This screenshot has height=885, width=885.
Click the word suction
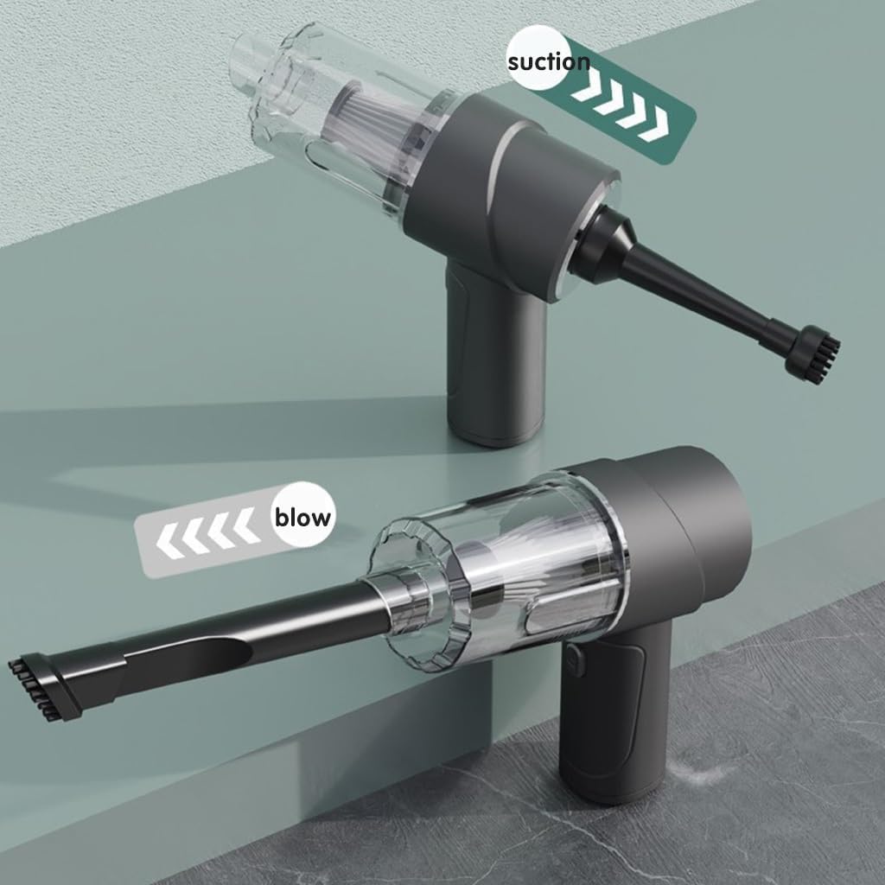click(549, 61)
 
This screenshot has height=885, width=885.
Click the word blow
click(302, 517)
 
